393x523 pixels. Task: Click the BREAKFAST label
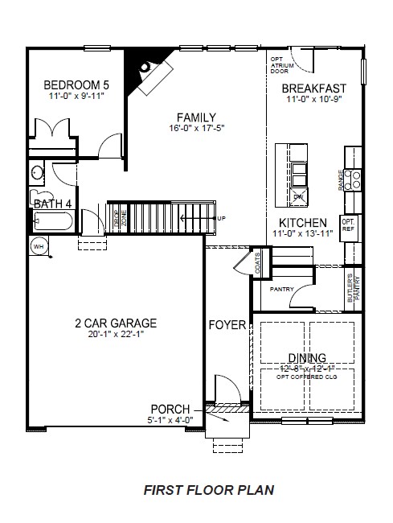[314, 89]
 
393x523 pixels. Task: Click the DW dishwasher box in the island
[297, 196]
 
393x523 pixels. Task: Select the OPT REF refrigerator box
[349, 224]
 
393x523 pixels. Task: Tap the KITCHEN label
[302, 223]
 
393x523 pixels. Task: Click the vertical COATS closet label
[257, 260]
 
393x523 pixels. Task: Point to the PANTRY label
[281, 289]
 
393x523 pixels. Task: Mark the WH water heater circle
[38, 245]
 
